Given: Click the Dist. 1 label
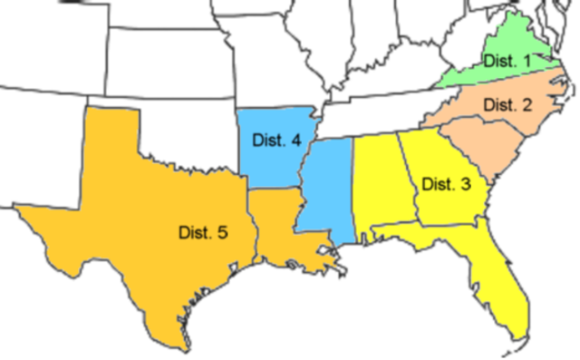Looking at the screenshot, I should pos(507,61).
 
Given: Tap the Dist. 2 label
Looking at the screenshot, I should pos(507,105).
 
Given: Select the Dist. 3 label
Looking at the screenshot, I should pos(446,184).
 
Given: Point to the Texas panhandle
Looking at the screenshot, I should pos(114,136).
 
